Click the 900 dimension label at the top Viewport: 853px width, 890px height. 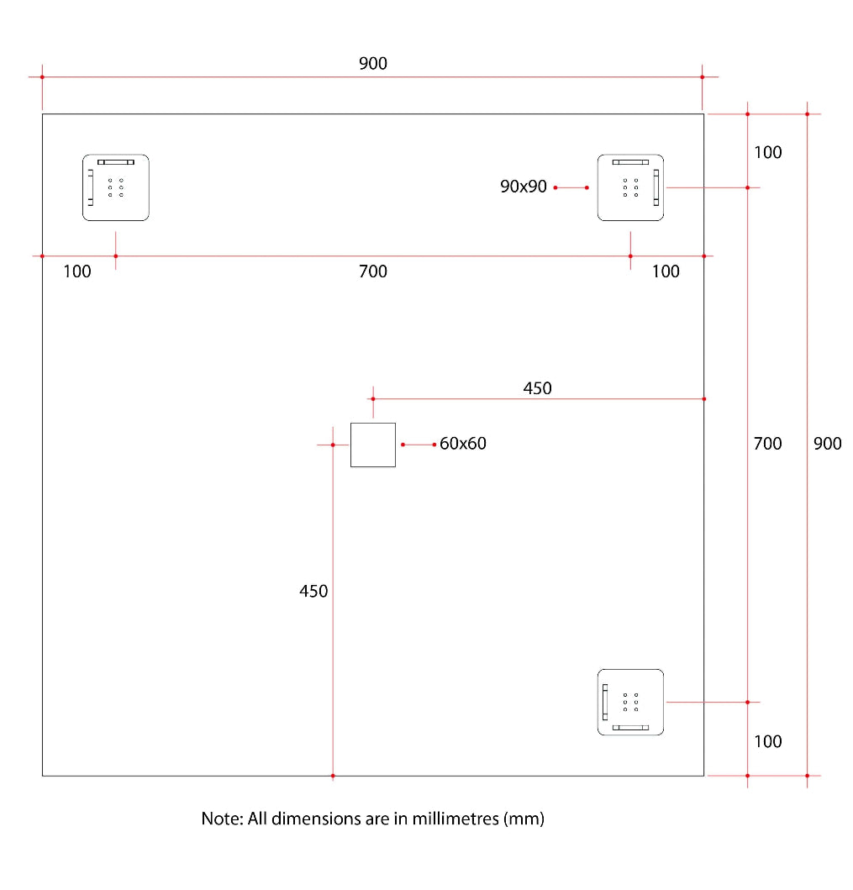(x=373, y=63)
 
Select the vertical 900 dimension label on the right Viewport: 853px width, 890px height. (x=827, y=444)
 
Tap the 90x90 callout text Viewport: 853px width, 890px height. (x=524, y=187)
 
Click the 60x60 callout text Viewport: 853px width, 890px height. (x=463, y=443)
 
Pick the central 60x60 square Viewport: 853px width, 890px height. (x=372, y=445)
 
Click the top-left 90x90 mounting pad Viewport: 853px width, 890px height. (x=115, y=187)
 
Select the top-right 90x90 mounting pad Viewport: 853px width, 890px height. (x=630, y=187)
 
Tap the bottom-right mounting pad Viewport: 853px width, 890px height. (x=630, y=702)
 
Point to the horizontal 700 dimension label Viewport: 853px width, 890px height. (x=373, y=271)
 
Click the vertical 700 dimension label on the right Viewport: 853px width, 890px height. (x=767, y=444)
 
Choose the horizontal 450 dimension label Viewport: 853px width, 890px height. (x=537, y=388)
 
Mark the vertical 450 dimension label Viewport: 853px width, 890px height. (x=313, y=592)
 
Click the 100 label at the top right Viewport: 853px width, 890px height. (x=767, y=152)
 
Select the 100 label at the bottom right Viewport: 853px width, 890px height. (x=767, y=741)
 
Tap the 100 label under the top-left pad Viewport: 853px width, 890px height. (x=77, y=271)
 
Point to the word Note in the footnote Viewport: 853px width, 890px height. (x=220, y=819)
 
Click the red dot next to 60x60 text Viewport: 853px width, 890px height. (x=434, y=444)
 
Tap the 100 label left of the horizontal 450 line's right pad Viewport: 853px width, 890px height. (x=666, y=271)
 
